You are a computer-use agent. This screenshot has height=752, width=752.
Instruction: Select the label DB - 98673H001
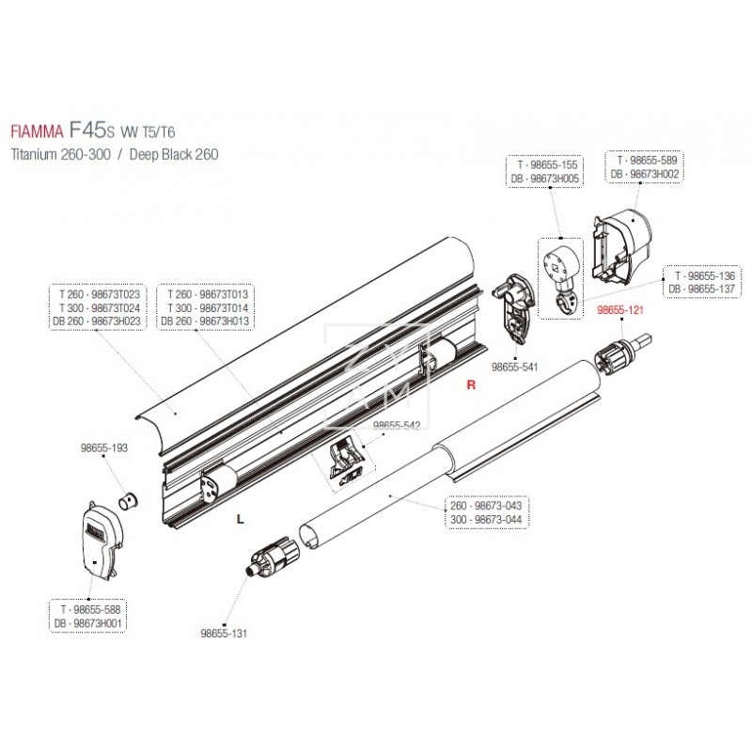[x=92, y=622]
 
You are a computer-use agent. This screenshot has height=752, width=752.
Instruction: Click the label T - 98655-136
[x=702, y=275]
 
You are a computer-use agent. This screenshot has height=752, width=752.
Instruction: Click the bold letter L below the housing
[x=240, y=518]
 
